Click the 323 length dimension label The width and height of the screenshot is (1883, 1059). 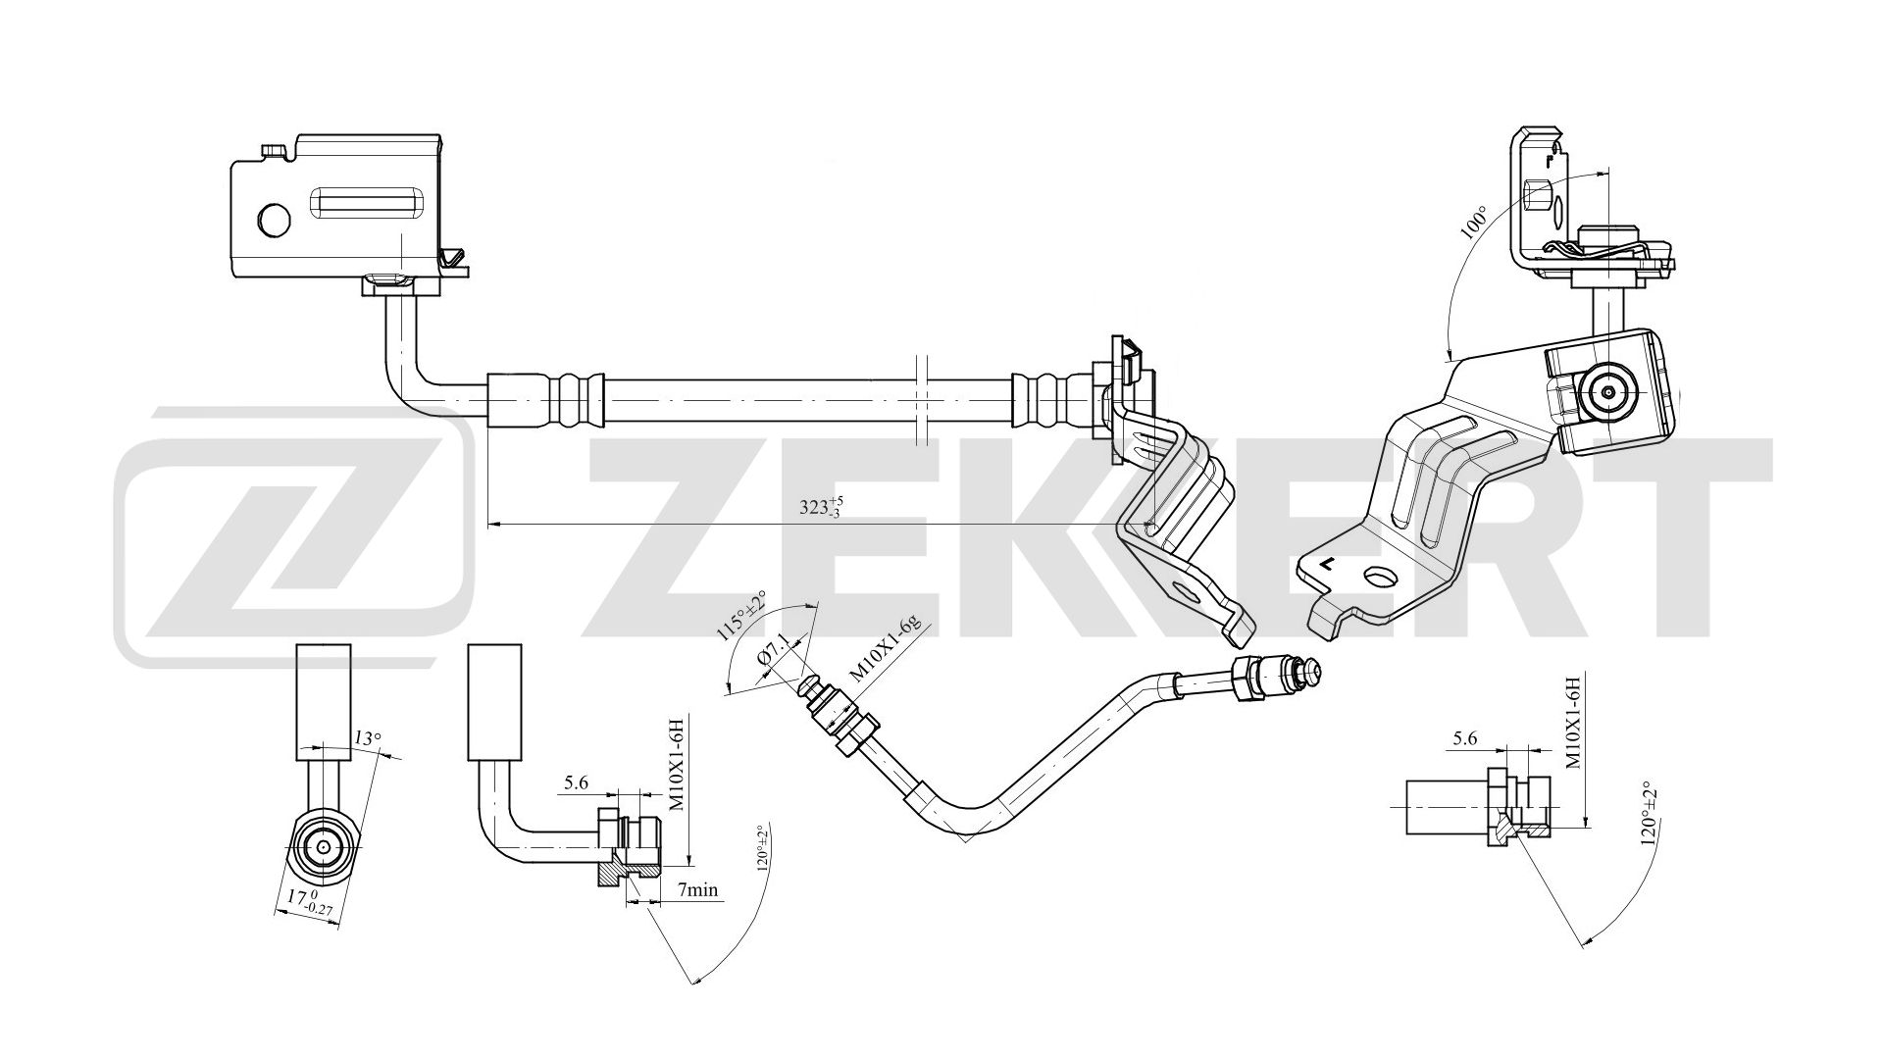pyautogui.click(x=821, y=507)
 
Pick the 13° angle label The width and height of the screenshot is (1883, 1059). pyautogui.click(x=366, y=738)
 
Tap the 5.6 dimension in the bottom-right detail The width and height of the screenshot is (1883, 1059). pyautogui.click(x=1464, y=739)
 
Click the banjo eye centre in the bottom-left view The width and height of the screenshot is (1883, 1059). pyautogui.click(x=324, y=846)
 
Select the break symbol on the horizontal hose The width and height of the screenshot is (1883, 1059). pyautogui.click(x=919, y=401)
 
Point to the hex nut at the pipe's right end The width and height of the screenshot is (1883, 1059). pyautogui.click(x=1242, y=680)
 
